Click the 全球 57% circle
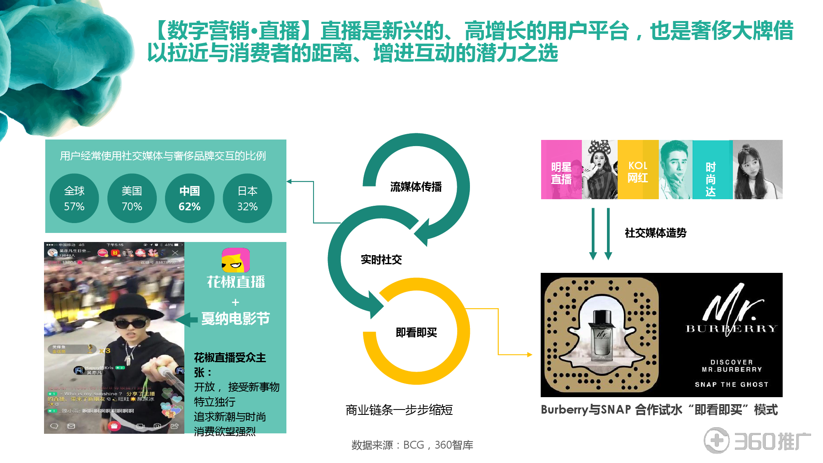(x=74, y=198)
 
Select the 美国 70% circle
(x=132, y=198)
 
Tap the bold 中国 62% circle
(x=189, y=198)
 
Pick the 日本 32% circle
(x=247, y=198)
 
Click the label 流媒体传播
(x=416, y=187)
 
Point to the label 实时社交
(x=381, y=260)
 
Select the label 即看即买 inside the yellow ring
(x=416, y=333)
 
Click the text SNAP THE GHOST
(x=731, y=384)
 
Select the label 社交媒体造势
(x=656, y=233)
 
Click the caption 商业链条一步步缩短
(x=399, y=410)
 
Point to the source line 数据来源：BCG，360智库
(x=412, y=445)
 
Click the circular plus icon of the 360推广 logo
(x=716, y=441)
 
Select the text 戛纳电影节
(x=235, y=319)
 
